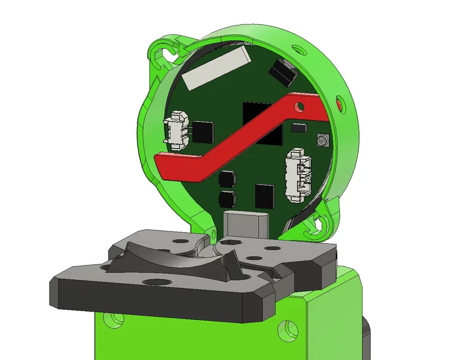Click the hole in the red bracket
pyautogui.click(x=298, y=107)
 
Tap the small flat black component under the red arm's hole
pyautogui.click(x=299, y=127)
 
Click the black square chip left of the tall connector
pyautogui.click(x=265, y=196)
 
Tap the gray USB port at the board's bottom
pyautogui.click(x=247, y=223)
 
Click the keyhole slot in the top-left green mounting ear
pyautogui.click(x=167, y=52)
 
